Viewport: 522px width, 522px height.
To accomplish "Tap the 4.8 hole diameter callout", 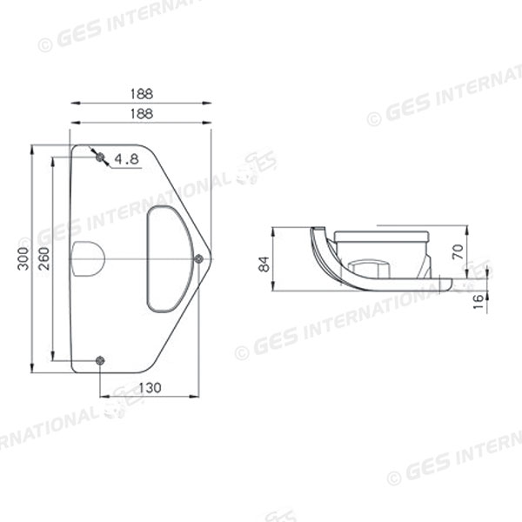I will (127, 158).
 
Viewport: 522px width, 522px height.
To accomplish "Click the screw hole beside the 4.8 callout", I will (100, 157).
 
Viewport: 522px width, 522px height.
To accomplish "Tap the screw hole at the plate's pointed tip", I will (199, 258).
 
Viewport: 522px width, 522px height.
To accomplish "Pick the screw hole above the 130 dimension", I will (100, 359).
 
